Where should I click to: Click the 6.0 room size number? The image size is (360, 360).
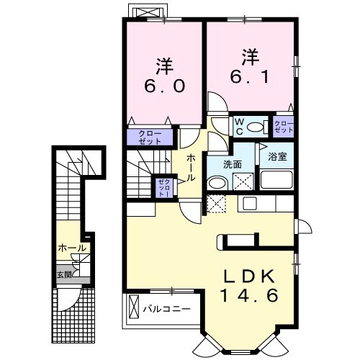pyautogui.click(x=164, y=86)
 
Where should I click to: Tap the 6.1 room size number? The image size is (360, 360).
pyautogui.click(x=250, y=77)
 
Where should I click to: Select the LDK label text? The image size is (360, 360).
pyautogui.click(x=249, y=277)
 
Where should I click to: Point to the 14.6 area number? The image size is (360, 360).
pyautogui.click(x=249, y=295)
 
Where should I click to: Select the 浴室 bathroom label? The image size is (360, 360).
pyautogui.click(x=277, y=157)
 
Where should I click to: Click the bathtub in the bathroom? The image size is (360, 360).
pyautogui.click(x=276, y=179)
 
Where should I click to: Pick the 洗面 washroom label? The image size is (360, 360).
pyautogui.click(x=233, y=164)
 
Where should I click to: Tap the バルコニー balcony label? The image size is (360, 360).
pyautogui.click(x=167, y=309)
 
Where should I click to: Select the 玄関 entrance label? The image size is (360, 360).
pyautogui.click(x=64, y=274)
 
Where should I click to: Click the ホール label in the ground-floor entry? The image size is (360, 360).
pyautogui.click(x=72, y=248)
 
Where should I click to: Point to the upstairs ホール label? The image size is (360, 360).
pyautogui.click(x=191, y=168)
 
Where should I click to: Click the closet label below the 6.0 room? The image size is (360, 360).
pyautogui.click(x=150, y=138)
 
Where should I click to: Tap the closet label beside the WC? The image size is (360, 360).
pyautogui.click(x=284, y=127)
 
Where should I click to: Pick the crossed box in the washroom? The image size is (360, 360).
pyautogui.click(x=243, y=181)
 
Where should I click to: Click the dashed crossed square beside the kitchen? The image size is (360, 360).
pyautogui.click(x=217, y=204)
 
